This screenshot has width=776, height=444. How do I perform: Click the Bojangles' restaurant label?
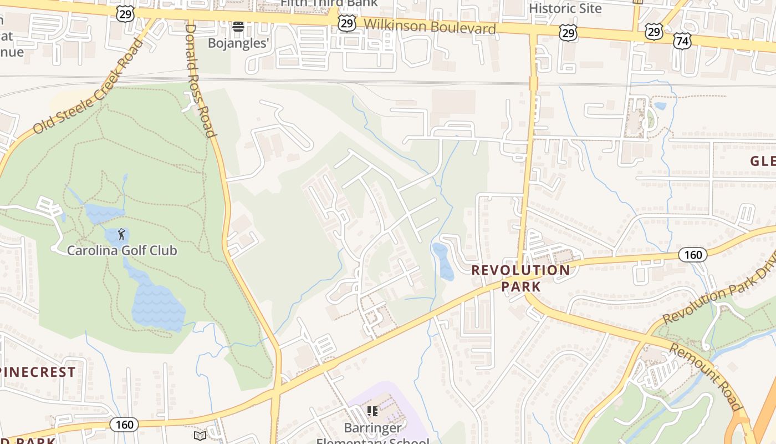(x=238, y=43)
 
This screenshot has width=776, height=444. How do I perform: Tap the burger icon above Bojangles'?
(x=238, y=26)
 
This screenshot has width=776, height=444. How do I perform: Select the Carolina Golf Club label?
(x=122, y=250)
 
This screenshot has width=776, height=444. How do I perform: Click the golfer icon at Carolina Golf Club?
(x=121, y=234)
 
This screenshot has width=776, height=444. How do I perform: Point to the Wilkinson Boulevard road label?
(x=430, y=26)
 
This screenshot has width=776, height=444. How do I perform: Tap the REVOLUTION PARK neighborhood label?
(x=520, y=278)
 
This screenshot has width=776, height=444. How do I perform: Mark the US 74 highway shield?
(x=682, y=40)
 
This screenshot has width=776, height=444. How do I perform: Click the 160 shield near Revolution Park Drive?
(x=693, y=255)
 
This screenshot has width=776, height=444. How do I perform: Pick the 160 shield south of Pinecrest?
(x=124, y=425)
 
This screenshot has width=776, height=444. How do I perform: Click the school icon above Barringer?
(x=372, y=411)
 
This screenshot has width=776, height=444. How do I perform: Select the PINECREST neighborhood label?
(x=38, y=372)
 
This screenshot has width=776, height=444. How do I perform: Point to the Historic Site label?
(x=565, y=8)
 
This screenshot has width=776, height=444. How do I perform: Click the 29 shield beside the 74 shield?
(x=654, y=32)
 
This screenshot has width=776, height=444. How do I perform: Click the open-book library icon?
(x=200, y=436)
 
